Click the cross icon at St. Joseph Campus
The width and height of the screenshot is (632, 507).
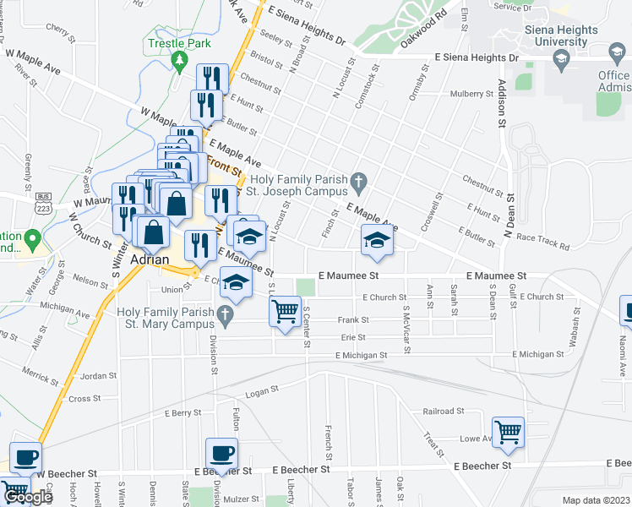(x=359, y=181)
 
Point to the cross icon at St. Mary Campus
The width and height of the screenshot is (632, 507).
(x=224, y=318)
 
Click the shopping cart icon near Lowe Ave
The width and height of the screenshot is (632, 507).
(x=509, y=431)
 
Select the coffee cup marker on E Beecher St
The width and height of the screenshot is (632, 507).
(x=221, y=453)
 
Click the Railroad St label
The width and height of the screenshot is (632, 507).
(x=444, y=412)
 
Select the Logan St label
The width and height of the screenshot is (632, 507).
(x=261, y=390)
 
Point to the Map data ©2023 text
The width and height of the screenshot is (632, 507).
(x=596, y=500)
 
